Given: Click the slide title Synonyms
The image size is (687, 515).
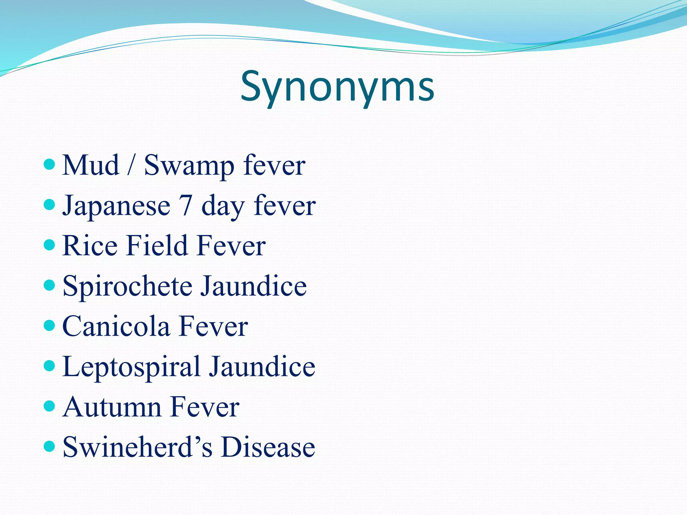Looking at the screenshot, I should (337, 87).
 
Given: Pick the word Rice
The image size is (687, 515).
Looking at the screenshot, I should (90, 245).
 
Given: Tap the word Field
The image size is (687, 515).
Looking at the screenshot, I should (157, 245).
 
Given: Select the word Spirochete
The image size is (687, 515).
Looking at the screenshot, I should (127, 286).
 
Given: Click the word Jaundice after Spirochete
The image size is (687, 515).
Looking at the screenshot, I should (254, 286).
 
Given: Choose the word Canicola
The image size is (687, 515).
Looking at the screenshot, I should (116, 326).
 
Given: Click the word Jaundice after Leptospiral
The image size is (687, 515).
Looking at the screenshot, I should (262, 366).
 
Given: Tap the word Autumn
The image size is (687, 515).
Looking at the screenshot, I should (112, 407).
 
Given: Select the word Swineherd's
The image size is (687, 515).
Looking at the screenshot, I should (138, 447).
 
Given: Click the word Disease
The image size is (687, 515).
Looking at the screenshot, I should (268, 447).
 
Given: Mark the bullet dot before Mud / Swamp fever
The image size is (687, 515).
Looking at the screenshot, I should (49, 164).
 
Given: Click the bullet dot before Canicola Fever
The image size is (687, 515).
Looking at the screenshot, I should (49, 325).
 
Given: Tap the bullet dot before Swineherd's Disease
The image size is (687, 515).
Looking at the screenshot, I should (49, 446).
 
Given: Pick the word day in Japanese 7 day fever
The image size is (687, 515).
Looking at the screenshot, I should (222, 206).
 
